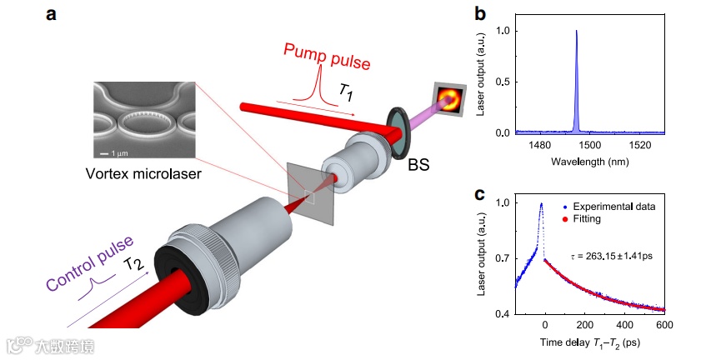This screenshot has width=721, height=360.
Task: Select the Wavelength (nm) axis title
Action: point(588,159)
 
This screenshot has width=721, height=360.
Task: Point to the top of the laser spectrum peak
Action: point(576,32)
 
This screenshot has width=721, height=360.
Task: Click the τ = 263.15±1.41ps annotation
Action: point(612,255)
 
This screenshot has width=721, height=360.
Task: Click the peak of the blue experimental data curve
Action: point(541,204)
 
